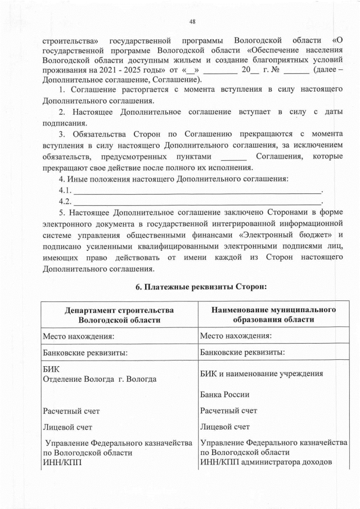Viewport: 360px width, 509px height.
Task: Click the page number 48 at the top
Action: (192, 21)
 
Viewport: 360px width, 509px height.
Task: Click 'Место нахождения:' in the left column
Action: (79, 336)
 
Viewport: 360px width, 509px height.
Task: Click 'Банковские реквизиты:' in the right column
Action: (242, 353)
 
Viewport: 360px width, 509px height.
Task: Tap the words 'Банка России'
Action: (225, 394)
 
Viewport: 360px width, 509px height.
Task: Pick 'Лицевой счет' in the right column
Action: (225, 427)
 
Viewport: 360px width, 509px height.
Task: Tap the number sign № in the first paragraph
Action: (276, 70)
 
